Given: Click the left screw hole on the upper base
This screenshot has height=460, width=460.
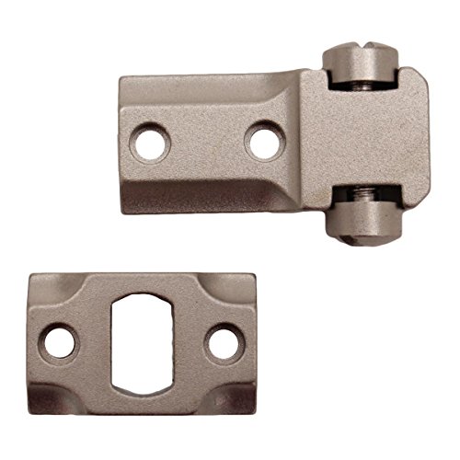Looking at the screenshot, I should (x=145, y=142).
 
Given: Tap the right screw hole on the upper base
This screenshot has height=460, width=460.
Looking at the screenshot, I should (x=265, y=142).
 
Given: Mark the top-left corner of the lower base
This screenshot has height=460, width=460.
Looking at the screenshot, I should (x=33, y=274).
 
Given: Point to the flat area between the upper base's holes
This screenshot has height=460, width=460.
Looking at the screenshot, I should (x=204, y=142).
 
